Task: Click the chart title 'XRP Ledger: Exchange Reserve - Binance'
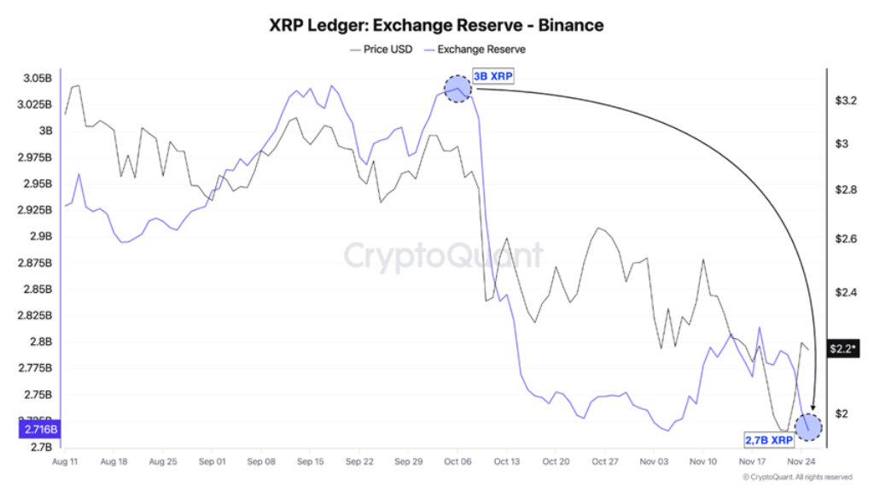(x=436, y=26)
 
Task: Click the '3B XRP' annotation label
(x=493, y=76)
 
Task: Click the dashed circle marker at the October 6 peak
(x=458, y=87)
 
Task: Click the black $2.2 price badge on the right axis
(x=843, y=348)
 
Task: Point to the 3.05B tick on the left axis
(x=37, y=79)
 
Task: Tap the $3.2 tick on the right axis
(x=845, y=101)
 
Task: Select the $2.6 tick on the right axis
(x=845, y=239)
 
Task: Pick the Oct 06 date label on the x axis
(x=457, y=461)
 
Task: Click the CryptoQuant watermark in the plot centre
(x=443, y=255)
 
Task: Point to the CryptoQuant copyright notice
(x=797, y=477)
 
